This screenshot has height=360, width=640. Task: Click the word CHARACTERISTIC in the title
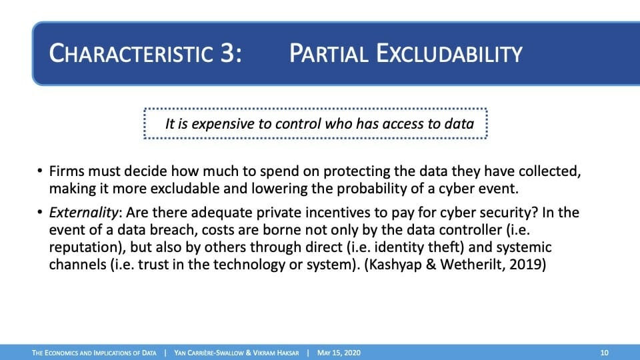coord(131,53)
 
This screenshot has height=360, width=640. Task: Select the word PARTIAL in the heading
coord(329,53)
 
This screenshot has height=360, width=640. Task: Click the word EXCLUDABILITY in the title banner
coord(449,53)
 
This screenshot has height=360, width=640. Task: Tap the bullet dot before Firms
coord(39,171)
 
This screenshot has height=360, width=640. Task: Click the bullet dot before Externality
coord(39,212)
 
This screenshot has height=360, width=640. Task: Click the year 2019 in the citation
coord(525,265)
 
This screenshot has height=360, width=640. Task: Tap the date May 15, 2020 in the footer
coord(339,353)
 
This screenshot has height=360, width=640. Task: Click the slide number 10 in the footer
coord(604,353)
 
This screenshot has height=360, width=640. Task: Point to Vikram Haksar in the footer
coord(275,353)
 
